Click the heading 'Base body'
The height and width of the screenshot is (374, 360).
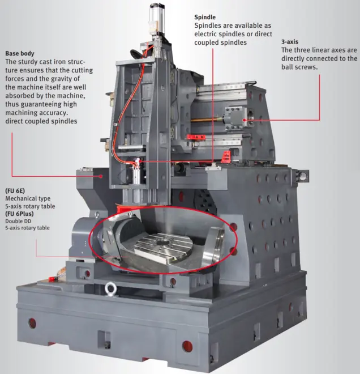(x=20, y=53)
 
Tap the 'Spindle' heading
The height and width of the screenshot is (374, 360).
(x=205, y=18)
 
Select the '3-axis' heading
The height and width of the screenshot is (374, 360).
(x=290, y=42)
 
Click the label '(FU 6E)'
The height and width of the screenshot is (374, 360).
(x=15, y=191)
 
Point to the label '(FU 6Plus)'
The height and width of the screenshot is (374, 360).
(x=19, y=214)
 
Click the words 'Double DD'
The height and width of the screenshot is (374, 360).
(x=18, y=221)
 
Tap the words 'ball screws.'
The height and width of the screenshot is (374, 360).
(x=299, y=67)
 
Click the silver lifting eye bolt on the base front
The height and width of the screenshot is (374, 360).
(x=111, y=288)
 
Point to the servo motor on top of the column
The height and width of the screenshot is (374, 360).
(x=157, y=18)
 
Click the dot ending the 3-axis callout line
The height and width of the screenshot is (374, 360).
(x=245, y=120)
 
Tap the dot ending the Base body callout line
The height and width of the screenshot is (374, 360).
(x=101, y=176)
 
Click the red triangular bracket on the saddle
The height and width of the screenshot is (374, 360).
(x=226, y=157)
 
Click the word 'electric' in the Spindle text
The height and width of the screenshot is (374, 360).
(x=205, y=34)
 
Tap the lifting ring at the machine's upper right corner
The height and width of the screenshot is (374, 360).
(x=303, y=176)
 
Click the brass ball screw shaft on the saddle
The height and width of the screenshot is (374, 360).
(x=207, y=118)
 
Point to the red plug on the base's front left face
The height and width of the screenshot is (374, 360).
(x=32, y=324)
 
